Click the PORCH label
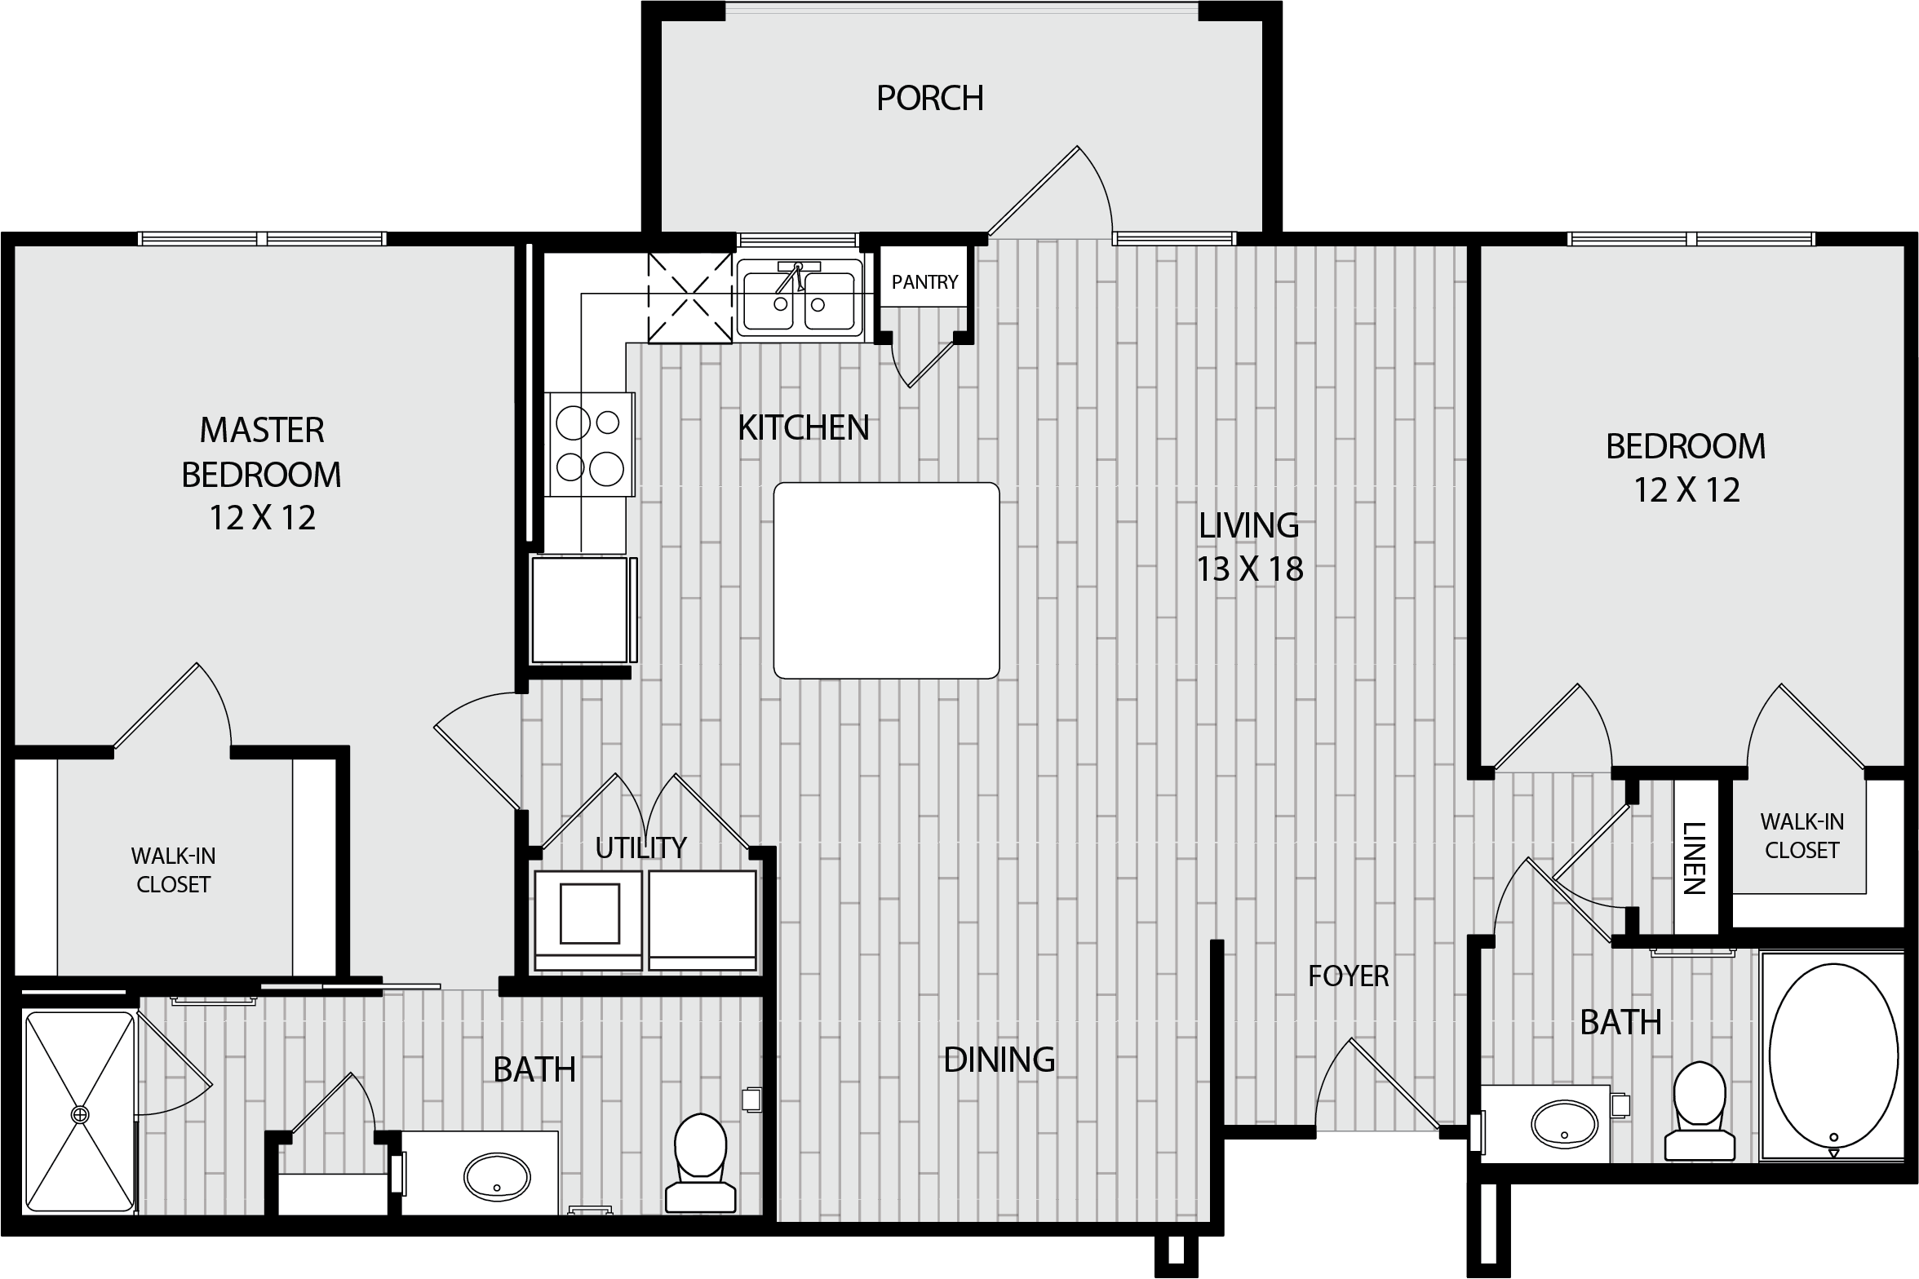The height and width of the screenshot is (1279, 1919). tap(929, 98)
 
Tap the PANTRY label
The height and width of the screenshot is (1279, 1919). tap(924, 282)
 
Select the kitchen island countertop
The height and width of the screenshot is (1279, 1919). tap(886, 580)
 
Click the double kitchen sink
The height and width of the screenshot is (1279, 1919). tap(800, 299)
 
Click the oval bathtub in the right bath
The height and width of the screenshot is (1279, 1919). tap(1833, 1056)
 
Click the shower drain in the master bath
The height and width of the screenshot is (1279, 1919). tap(80, 1114)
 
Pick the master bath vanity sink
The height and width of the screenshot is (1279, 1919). tap(497, 1175)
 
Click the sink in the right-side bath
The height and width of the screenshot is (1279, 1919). tap(1565, 1124)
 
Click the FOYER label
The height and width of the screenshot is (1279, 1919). tap(1348, 976)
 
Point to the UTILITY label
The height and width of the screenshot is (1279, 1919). tap(640, 848)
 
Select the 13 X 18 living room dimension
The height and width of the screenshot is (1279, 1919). tap(1249, 569)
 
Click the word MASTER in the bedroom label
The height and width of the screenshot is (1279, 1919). tap(262, 431)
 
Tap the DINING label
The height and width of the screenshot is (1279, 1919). tap(999, 1060)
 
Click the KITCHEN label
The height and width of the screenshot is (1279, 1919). tap(804, 428)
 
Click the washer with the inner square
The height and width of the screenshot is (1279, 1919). tap(587, 920)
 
